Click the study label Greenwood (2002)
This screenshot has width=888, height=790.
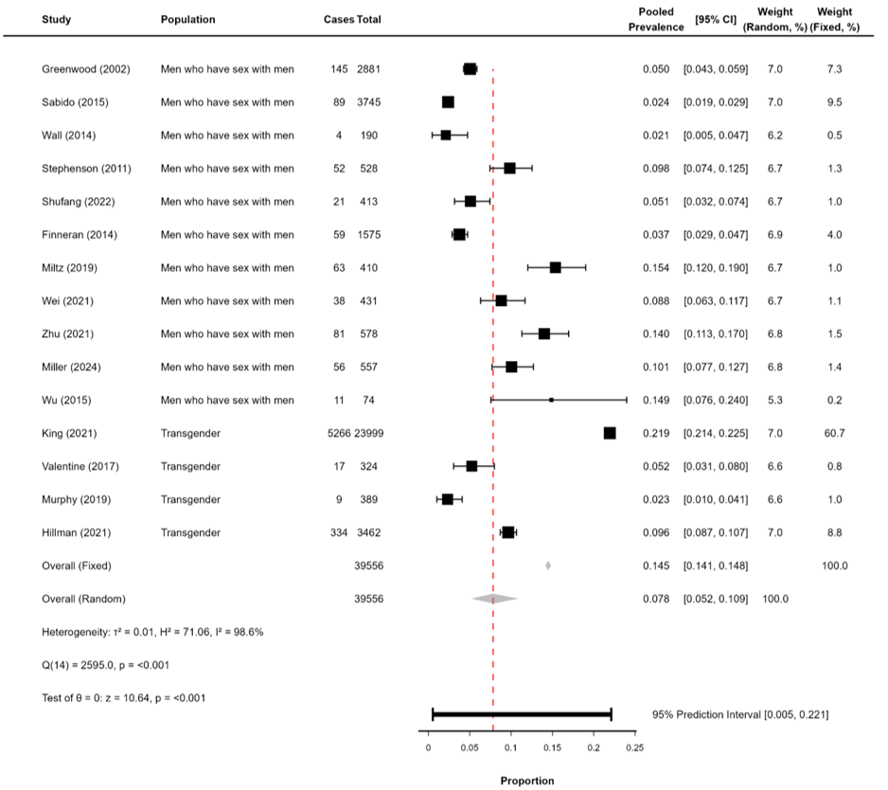pos(86,69)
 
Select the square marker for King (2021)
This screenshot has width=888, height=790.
pos(610,433)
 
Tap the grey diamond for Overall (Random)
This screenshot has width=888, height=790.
pos(494,599)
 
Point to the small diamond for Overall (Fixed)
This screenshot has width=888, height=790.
pos(548,566)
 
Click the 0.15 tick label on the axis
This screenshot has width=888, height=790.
pos(552,748)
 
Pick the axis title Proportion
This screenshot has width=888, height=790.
pos(527,781)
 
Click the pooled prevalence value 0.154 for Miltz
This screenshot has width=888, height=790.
pos(655,268)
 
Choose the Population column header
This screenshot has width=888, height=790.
pos(187,19)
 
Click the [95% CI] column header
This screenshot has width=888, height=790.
pos(715,19)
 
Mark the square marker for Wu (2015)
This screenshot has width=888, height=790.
pos(551,400)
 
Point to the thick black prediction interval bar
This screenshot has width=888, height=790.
pos(522,714)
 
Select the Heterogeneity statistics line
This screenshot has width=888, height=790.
pos(151,631)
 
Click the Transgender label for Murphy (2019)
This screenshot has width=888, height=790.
pos(190,499)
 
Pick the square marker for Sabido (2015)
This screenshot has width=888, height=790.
pos(448,102)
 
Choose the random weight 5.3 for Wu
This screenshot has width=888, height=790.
pos(774,400)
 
